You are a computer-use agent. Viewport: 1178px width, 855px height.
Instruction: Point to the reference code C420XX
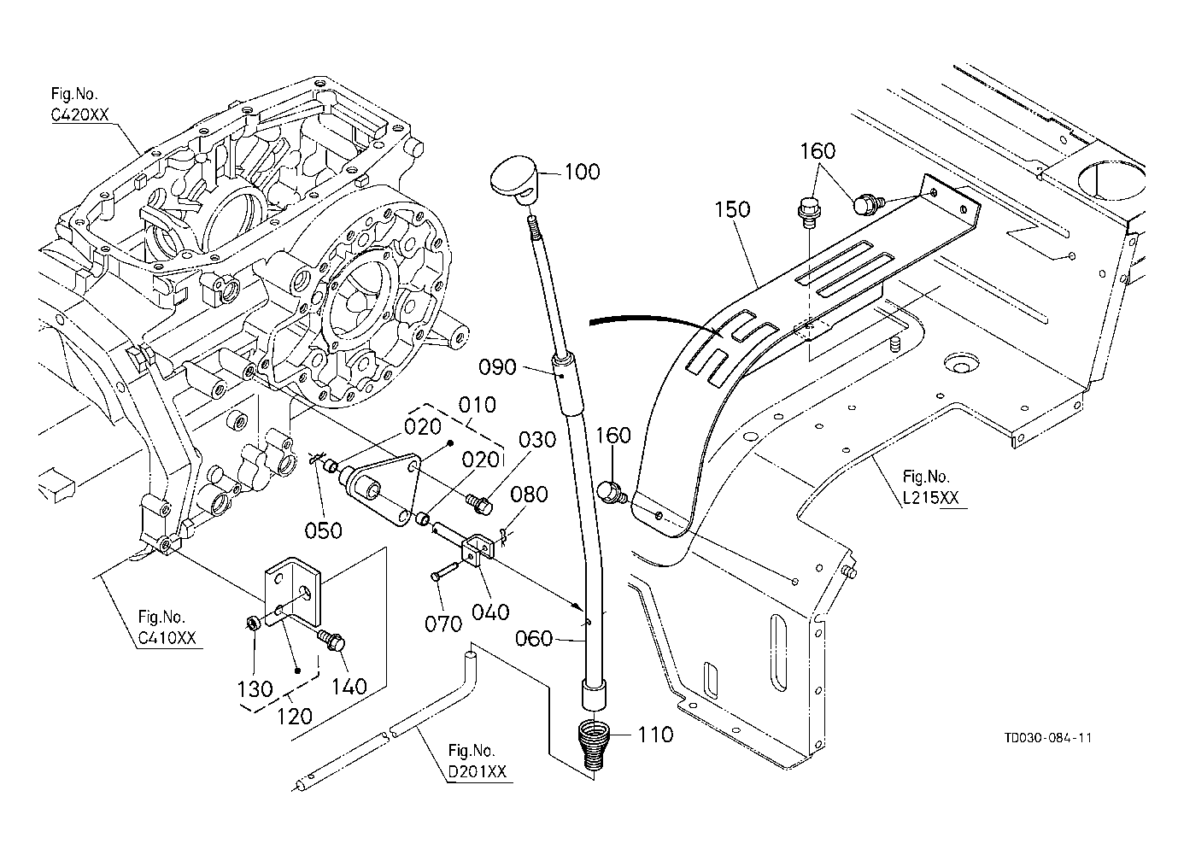79,115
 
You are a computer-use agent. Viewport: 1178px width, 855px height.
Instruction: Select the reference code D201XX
478,772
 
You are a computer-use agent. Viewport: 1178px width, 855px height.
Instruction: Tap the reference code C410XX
168,639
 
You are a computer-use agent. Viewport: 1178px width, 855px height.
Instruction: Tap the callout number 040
490,612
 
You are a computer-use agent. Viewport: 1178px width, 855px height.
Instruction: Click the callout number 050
324,530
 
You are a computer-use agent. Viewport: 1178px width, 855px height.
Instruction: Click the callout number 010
478,404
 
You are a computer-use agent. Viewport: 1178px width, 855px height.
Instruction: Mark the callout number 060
535,639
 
